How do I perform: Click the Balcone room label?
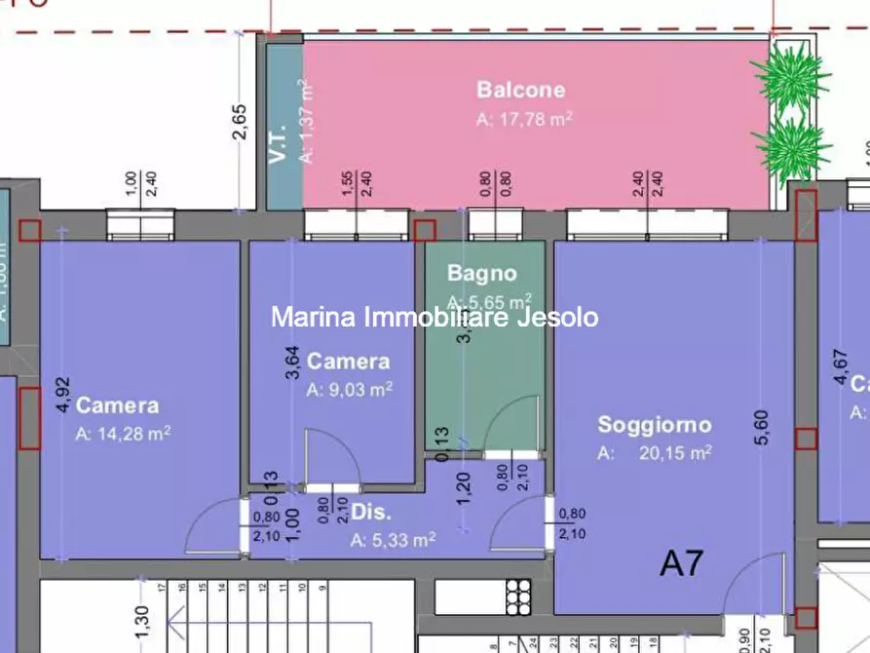[x=520, y=90]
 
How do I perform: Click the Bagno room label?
[x=481, y=274]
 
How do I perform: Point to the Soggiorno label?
[x=654, y=425]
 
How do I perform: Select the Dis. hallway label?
[x=371, y=513]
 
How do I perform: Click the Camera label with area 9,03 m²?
[x=348, y=362]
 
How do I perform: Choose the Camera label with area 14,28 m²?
[x=117, y=405]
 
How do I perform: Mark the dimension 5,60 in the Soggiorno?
[x=762, y=427]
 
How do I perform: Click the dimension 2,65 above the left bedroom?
[x=240, y=123]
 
